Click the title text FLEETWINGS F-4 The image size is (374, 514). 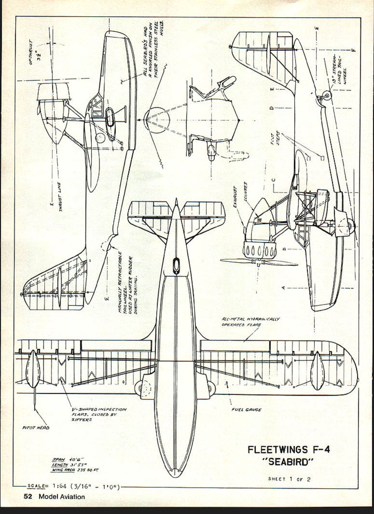289,450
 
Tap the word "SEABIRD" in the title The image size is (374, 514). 289,462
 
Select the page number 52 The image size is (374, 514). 28,497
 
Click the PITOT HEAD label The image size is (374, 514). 36,428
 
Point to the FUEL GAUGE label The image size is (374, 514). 246,410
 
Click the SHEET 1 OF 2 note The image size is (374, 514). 289,479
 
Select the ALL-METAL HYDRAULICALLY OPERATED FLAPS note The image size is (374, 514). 250,322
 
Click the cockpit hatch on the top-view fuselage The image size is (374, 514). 176,265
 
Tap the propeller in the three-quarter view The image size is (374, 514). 259,262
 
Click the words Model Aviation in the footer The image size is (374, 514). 62,497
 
